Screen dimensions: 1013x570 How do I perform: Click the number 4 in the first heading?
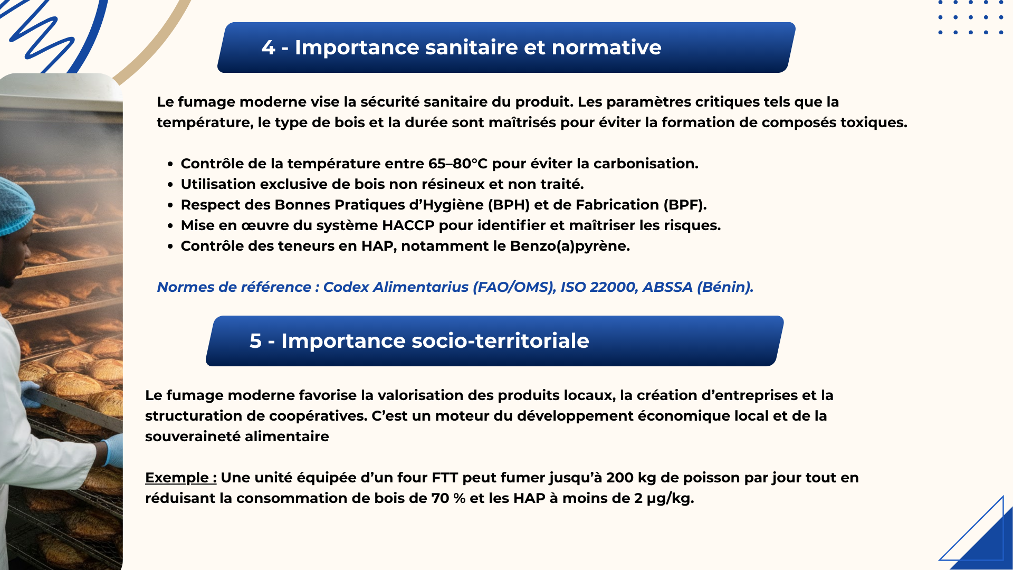(x=268, y=48)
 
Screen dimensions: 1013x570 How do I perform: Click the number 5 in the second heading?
(x=255, y=341)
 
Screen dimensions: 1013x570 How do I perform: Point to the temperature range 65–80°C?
(x=458, y=164)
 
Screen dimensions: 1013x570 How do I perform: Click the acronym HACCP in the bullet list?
(x=408, y=225)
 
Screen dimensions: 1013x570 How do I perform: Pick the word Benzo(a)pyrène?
(x=570, y=246)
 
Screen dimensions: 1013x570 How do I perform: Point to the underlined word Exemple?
(x=177, y=478)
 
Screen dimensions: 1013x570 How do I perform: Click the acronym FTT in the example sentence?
(x=444, y=478)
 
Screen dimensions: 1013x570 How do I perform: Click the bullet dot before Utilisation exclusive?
(x=170, y=185)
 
